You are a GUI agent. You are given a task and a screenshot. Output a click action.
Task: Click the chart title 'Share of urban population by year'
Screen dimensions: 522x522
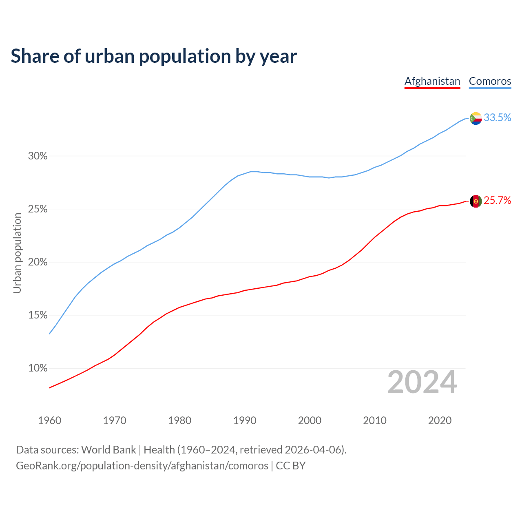pyautogui.click(x=154, y=56)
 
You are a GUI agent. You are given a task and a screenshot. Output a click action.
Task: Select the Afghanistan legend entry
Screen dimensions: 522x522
pyautogui.click(x=432, y=81)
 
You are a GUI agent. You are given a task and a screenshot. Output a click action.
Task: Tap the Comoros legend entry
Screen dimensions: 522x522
pyautogui.click(x=490, y=81)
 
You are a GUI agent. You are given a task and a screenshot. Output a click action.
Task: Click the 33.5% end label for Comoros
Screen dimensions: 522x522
pyautogui.click(x=498, y=117)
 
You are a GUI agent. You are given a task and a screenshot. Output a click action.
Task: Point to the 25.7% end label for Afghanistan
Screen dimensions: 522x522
pyautogui.click(x=498, y=200)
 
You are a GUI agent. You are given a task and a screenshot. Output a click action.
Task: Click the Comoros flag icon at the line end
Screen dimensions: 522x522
pyautogui.click(x=476, y=118)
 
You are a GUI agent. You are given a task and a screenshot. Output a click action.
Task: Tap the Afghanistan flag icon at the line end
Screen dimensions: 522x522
pyautogui.click(x=476, y=201)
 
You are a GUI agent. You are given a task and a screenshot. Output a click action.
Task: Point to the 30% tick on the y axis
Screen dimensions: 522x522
pyautogui.click(x=38, y=156)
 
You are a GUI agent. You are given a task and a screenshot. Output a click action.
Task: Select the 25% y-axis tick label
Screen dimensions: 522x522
pyautogui.click(x=38, y=209)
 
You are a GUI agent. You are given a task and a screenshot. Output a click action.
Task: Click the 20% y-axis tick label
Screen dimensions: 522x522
pyautogui.click(x=38, y=262)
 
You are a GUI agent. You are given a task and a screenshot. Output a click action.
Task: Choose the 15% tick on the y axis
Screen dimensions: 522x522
pyautogui.click(x=38, y=315)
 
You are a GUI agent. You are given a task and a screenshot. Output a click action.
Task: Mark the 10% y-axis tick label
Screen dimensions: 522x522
pyautogui.click(x=38, y=368)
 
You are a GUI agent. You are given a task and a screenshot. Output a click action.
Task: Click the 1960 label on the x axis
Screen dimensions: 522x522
pyautogui.click(x=50, y=420)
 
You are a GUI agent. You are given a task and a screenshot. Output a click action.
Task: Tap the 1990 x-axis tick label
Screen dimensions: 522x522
pyautogui.click(x=245, y=420)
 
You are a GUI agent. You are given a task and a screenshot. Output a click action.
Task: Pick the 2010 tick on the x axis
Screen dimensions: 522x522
pyautogui.click(x=375, y=420)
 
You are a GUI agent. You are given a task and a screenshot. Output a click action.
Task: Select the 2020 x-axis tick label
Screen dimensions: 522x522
pyautogui.click(x=440, y=420)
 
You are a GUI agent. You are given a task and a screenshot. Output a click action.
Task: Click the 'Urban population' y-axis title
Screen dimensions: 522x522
pyautogui.click(x=17, y=253)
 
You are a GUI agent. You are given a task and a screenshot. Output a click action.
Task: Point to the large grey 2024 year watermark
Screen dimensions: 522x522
pyautogui.click(x=422, y=382)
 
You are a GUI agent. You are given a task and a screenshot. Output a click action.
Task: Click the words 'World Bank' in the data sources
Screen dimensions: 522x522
pyautogui.click(x=108, y=450)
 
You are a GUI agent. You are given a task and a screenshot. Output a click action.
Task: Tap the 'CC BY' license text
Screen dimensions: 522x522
pyautogui.click(x=291, y=466)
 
